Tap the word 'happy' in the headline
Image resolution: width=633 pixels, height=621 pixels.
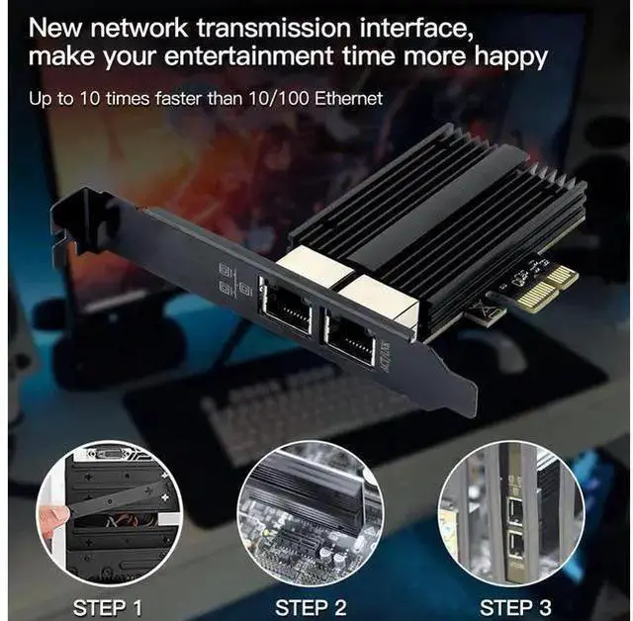point(510,57)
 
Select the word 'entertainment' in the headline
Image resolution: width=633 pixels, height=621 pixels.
point(249,55)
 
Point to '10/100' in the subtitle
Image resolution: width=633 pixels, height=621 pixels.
point(278,99)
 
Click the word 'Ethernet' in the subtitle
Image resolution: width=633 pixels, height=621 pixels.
point(348,99)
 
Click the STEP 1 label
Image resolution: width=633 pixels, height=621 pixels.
point(108,607)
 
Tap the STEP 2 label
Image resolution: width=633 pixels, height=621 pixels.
point(311,607)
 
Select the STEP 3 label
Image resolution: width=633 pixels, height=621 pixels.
point(515,607)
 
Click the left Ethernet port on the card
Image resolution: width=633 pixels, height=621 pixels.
point(286,305)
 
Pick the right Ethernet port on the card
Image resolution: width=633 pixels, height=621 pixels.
point(349,336)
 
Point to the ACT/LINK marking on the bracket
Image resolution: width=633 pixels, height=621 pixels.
point(385,357)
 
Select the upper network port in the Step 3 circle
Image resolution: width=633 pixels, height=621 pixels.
point(514,510)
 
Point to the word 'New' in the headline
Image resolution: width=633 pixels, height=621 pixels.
point(55,29)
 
